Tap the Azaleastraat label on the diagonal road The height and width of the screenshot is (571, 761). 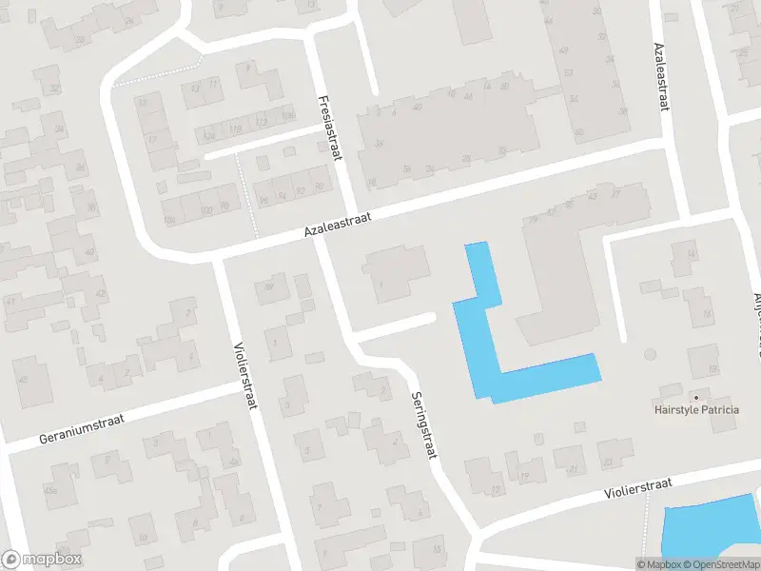point(337,224)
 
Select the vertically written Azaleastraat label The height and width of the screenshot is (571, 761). point(660,77)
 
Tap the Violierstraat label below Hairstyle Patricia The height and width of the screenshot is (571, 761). point(638,488)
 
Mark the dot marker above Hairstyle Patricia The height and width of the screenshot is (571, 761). point(695,397)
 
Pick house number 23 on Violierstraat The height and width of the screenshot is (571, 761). point(608,463)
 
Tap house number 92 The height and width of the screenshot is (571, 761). point(301,190)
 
